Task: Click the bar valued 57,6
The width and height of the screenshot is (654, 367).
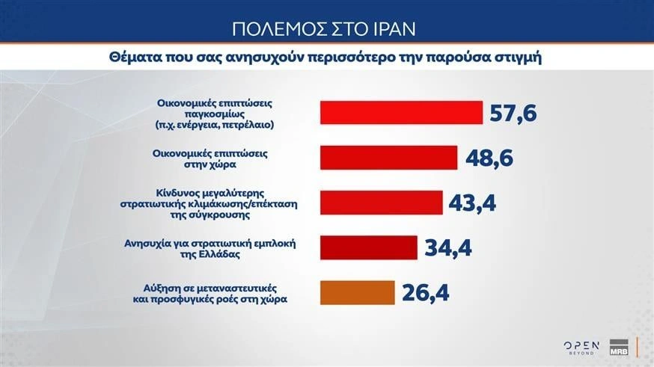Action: click(x=400, y=112)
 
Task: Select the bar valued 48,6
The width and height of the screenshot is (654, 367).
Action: click(x=388, y=158)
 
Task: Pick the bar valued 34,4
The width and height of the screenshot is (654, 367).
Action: click(x=368, y=247)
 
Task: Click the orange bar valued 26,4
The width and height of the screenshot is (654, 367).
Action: click(x=356, y=292)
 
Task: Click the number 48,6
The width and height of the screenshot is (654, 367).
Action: click(x=490, y=158)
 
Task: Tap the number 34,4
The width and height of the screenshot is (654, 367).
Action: click(x=448, y=248)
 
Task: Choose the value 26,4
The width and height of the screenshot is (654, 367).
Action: click(x=425, y=293)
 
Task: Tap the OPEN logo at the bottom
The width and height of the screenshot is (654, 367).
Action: click(x=581, y=345)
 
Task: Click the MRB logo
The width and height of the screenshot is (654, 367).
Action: click(x=618, y=347)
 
